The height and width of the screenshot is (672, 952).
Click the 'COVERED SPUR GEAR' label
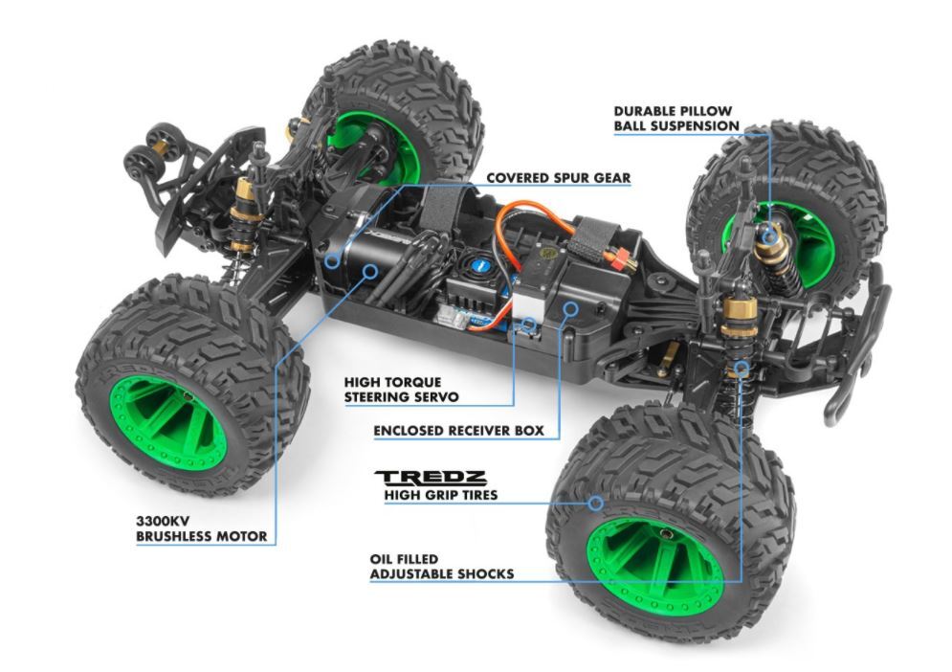coord(558,178)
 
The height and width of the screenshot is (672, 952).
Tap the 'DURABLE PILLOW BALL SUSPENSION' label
coord(676,118)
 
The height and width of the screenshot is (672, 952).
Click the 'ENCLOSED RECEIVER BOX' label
coord(458,431)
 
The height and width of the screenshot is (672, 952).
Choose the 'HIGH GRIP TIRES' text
coord(440,495)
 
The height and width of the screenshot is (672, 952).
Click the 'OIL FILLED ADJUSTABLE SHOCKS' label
coord(441,566)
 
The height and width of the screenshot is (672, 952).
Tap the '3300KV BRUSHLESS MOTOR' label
coord(200,528)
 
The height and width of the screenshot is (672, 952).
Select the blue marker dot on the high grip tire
coord(595,501)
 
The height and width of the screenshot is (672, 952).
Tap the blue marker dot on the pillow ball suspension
coord(768,234)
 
